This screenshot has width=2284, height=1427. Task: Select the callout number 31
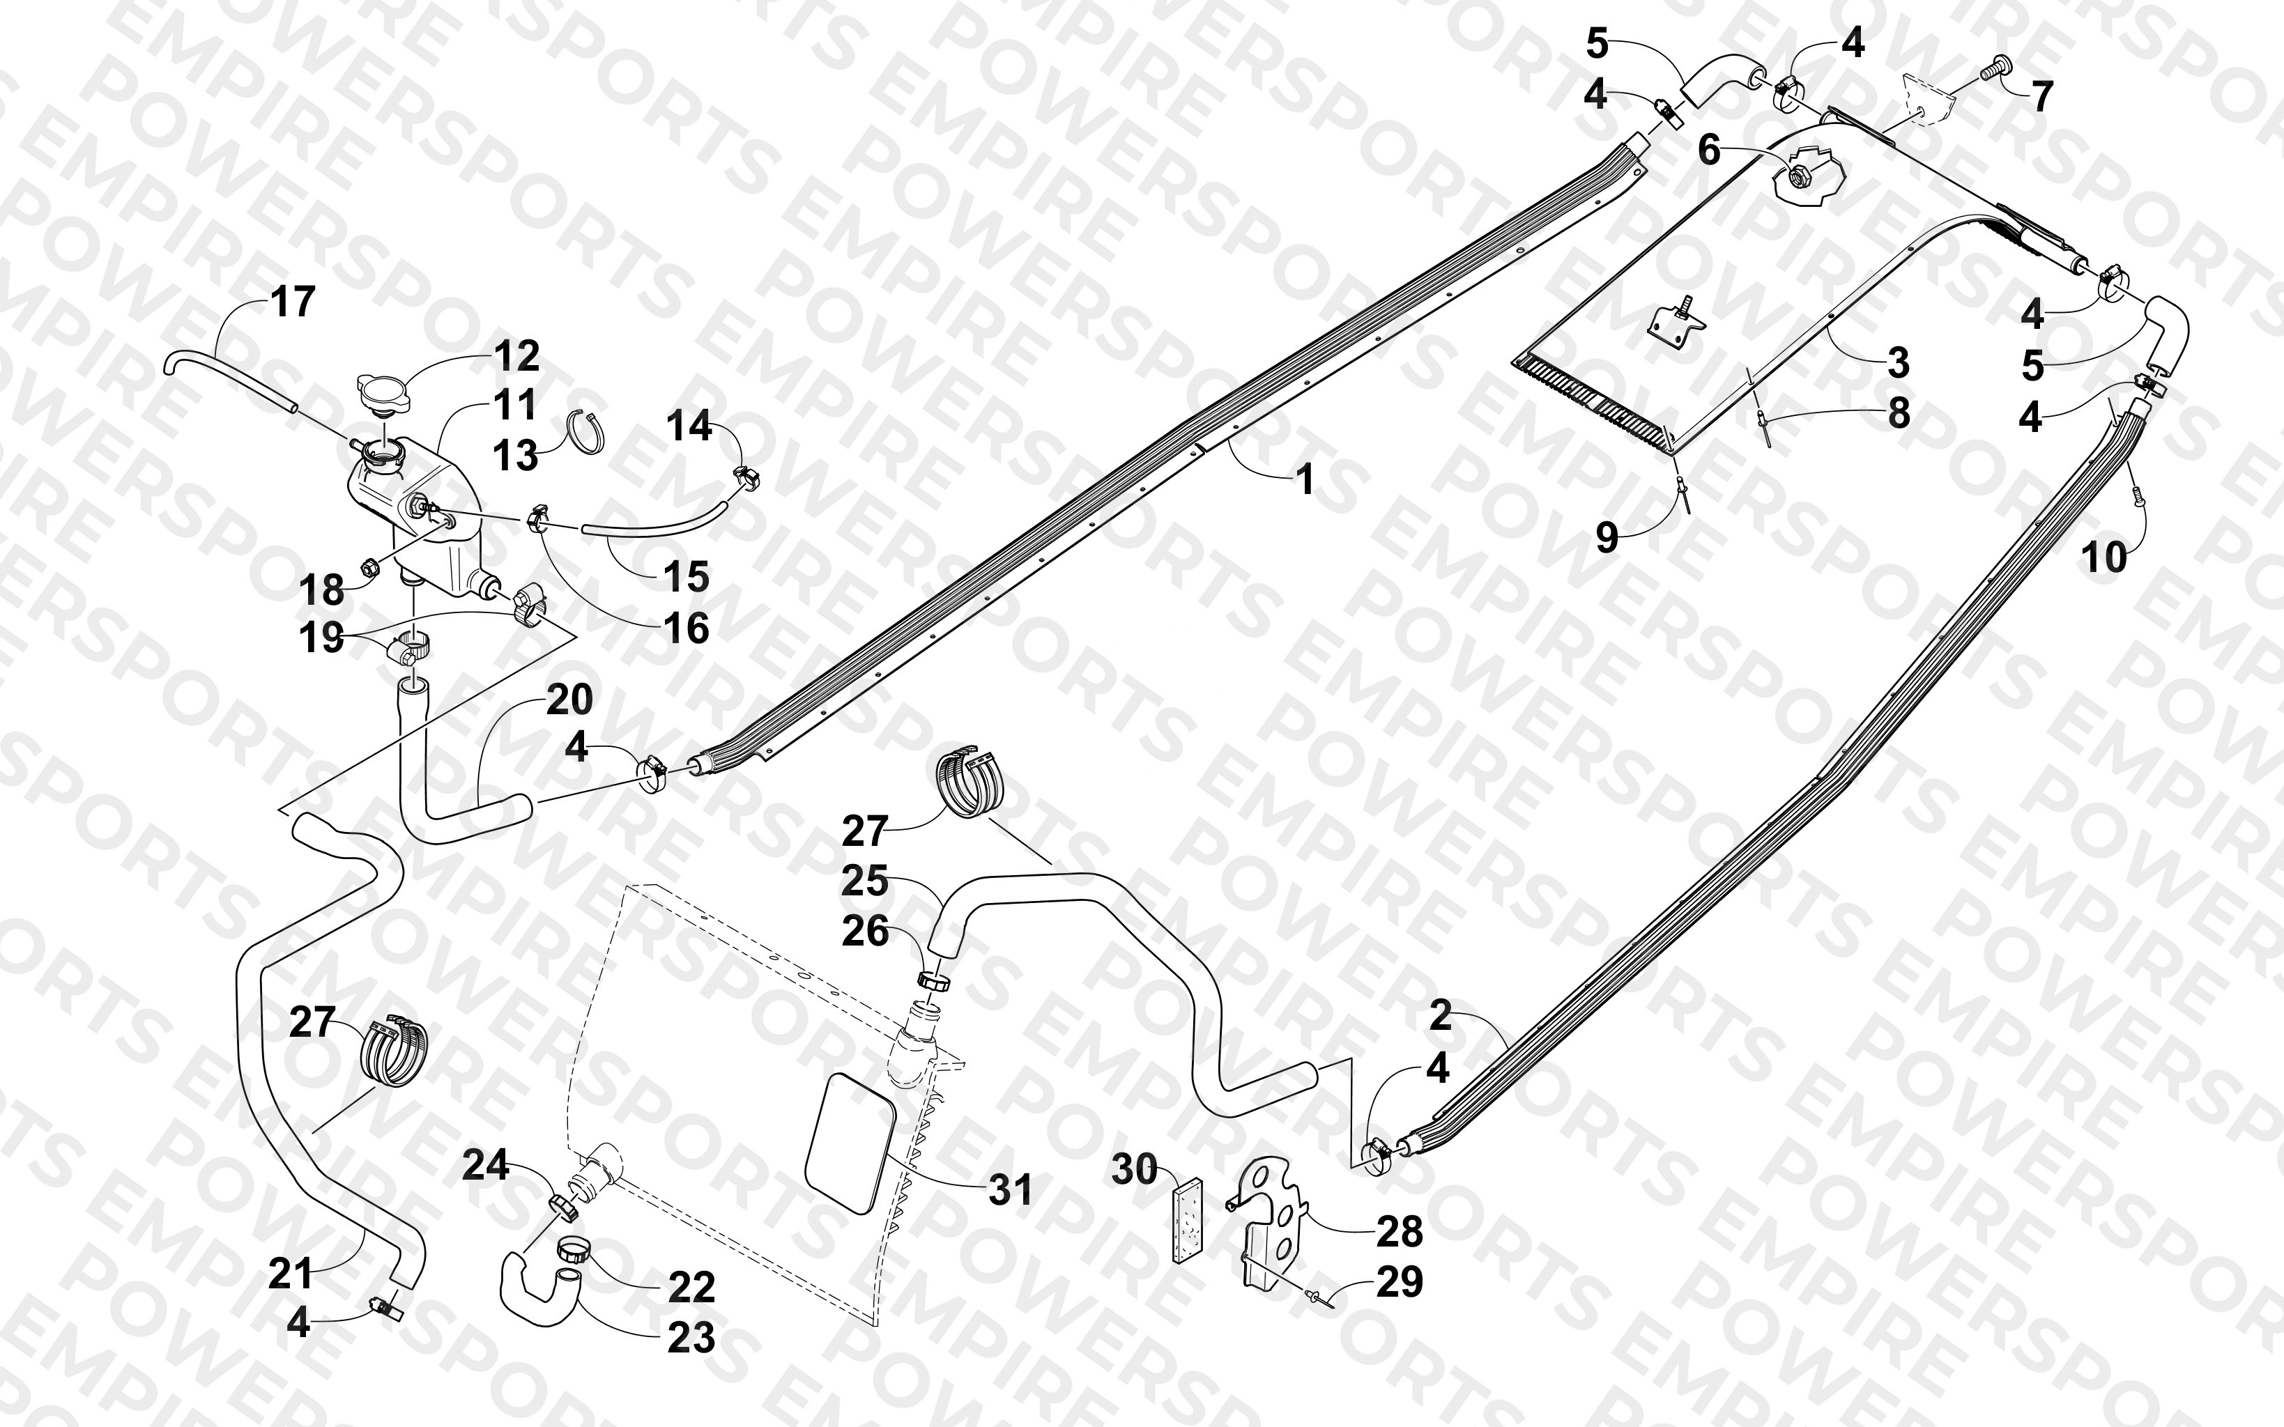pyautogui.click(x=1010, y=1190)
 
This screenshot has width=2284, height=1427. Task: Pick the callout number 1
pyautogui.click(x=1305, y=480)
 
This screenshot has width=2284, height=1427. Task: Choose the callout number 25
pyautogui.click(x=864, y=881)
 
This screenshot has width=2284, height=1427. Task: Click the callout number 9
pyautogui.click(x=1607, y=537)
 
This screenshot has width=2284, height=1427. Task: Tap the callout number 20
pyautogui.click(x=569, y=700)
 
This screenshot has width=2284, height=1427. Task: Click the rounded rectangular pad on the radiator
pyautogui.click(x=850, y=1142)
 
